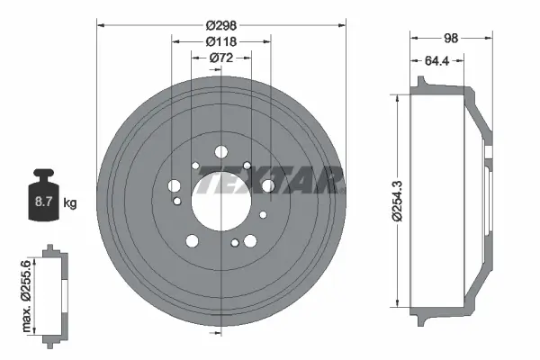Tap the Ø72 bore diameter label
[221, 58]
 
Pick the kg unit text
[69, 203]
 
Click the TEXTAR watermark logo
[270, 184]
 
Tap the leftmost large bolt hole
[175, 185]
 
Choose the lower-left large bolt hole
[191, 240]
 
